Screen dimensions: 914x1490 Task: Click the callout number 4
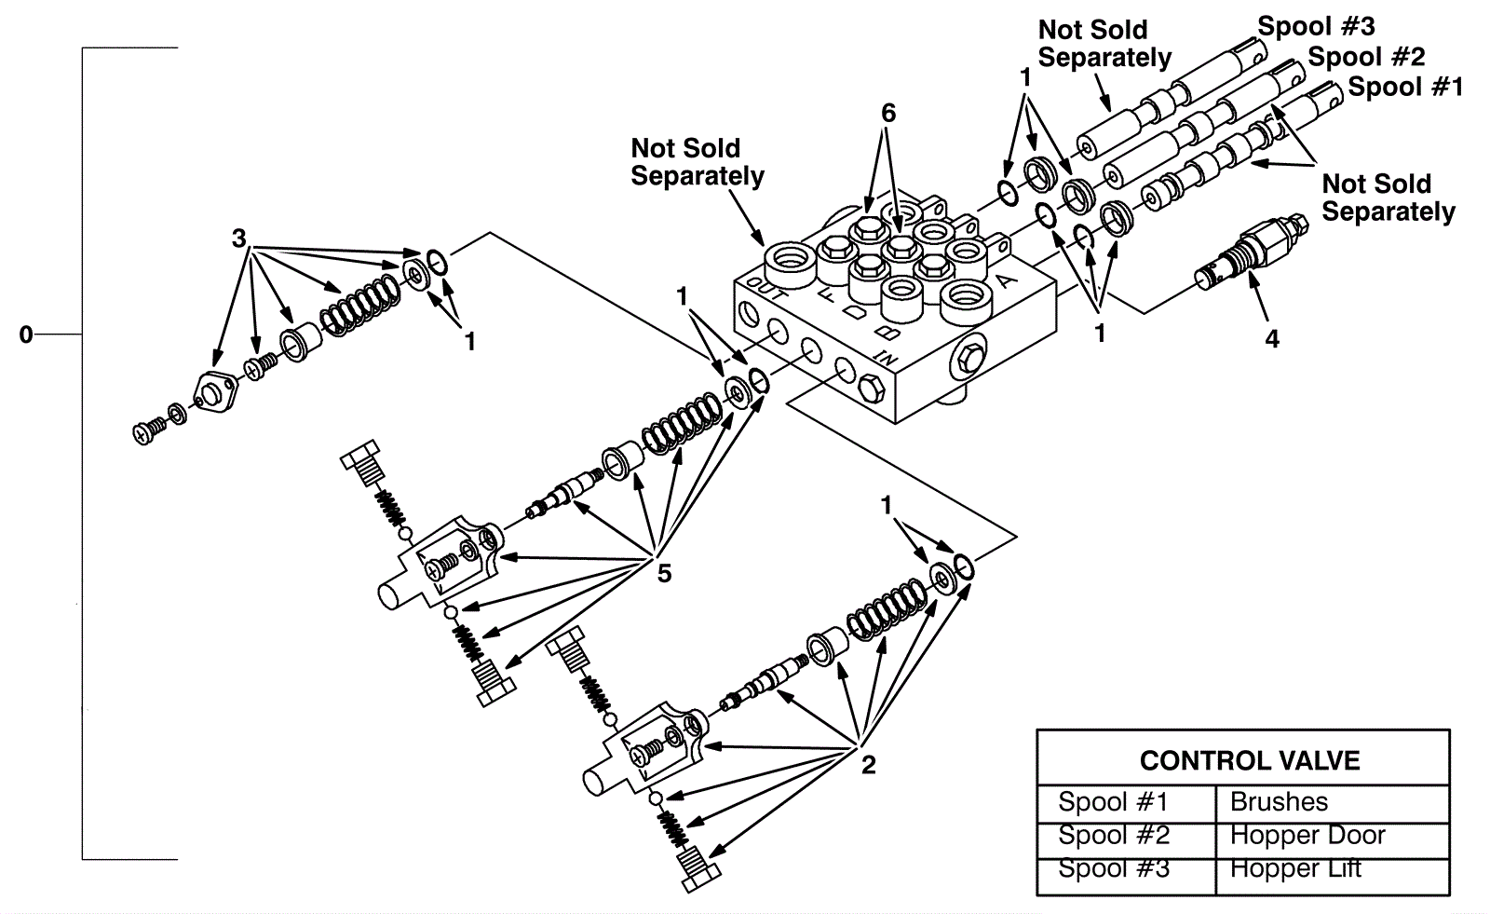pyautogui.click(x=1272, y=340)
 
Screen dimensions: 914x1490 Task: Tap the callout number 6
pyautogui.click(x=888, y=114)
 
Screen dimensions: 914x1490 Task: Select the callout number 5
pyautogui.click(x=664, y=573)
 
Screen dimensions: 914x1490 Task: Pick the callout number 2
pyautogui.click(x=868, y=766)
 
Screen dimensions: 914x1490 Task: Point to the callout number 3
pyautogui.click(x=239, y=239)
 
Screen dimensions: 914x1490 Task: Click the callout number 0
pyautogui.click(x=26, y=334)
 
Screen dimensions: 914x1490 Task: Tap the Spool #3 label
pyautogui.click(x=1316, y=26)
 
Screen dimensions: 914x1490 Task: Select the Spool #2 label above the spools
pyautogui.click(x=1366, y=57)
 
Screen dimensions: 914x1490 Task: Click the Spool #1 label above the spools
pyautogui.click(x=1405, y=88)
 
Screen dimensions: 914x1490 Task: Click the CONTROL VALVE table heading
pyautogui.click(x=1249, y=761)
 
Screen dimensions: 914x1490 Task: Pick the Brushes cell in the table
pyautogui.click(x=1279, y=802)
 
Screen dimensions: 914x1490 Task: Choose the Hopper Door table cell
pyautogui.click(x=1307, y=836)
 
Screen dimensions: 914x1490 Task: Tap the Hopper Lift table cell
pyautogui.click(x=1295, y=868)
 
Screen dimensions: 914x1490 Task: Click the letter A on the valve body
pyautogui.click(x=1006, y=280)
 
